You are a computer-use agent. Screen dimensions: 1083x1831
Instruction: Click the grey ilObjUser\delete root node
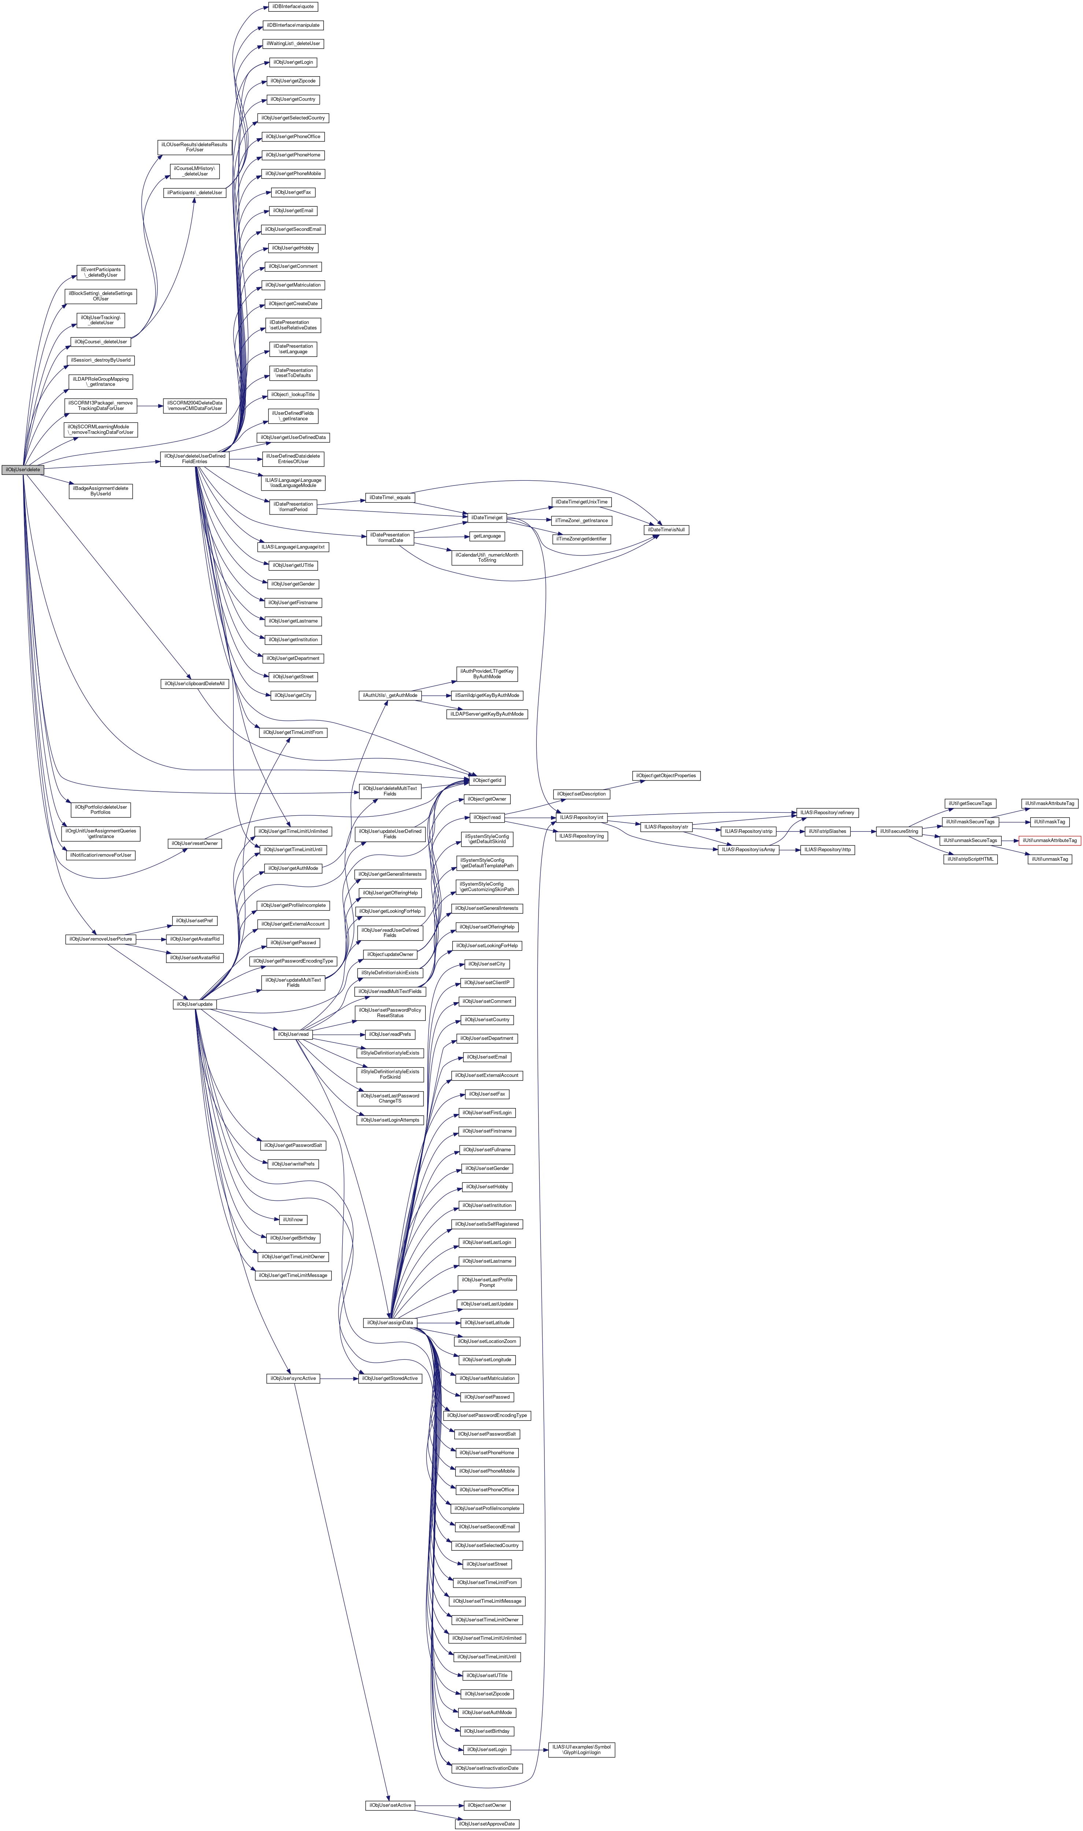point(23,469)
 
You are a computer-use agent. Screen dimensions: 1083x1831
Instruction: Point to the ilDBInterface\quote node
point(293,7)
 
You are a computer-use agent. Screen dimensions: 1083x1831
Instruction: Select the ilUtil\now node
point(293,1219)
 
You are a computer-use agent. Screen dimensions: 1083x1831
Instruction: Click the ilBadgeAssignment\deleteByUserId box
point(101,491)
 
